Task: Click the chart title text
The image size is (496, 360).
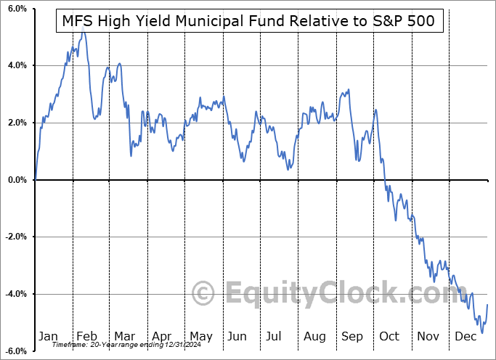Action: pos(248,20)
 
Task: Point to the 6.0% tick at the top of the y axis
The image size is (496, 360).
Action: pos(17,9)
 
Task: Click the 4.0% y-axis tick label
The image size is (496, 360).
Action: pos(17,65)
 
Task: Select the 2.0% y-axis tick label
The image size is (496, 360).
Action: pos(17,123)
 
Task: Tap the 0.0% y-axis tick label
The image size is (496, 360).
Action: pos(17,180)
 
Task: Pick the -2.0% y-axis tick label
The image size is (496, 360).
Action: pos(16,237)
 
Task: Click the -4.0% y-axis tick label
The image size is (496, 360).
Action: pos(16,294)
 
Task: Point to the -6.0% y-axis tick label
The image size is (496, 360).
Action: pos(16,351)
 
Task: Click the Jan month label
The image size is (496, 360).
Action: pos(48,336)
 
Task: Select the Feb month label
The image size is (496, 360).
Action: pos(86,336)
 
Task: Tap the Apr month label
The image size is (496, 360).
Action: pos(161,336)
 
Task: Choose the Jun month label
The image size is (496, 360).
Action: pos(236,336)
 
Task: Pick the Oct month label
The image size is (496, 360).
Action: pos(389,336)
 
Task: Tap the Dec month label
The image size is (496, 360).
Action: pos(465,336)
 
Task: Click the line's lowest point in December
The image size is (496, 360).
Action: pos(481,332)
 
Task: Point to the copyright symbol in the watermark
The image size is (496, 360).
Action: pos(203,294)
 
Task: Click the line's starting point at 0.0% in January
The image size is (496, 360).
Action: pos(35,179)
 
